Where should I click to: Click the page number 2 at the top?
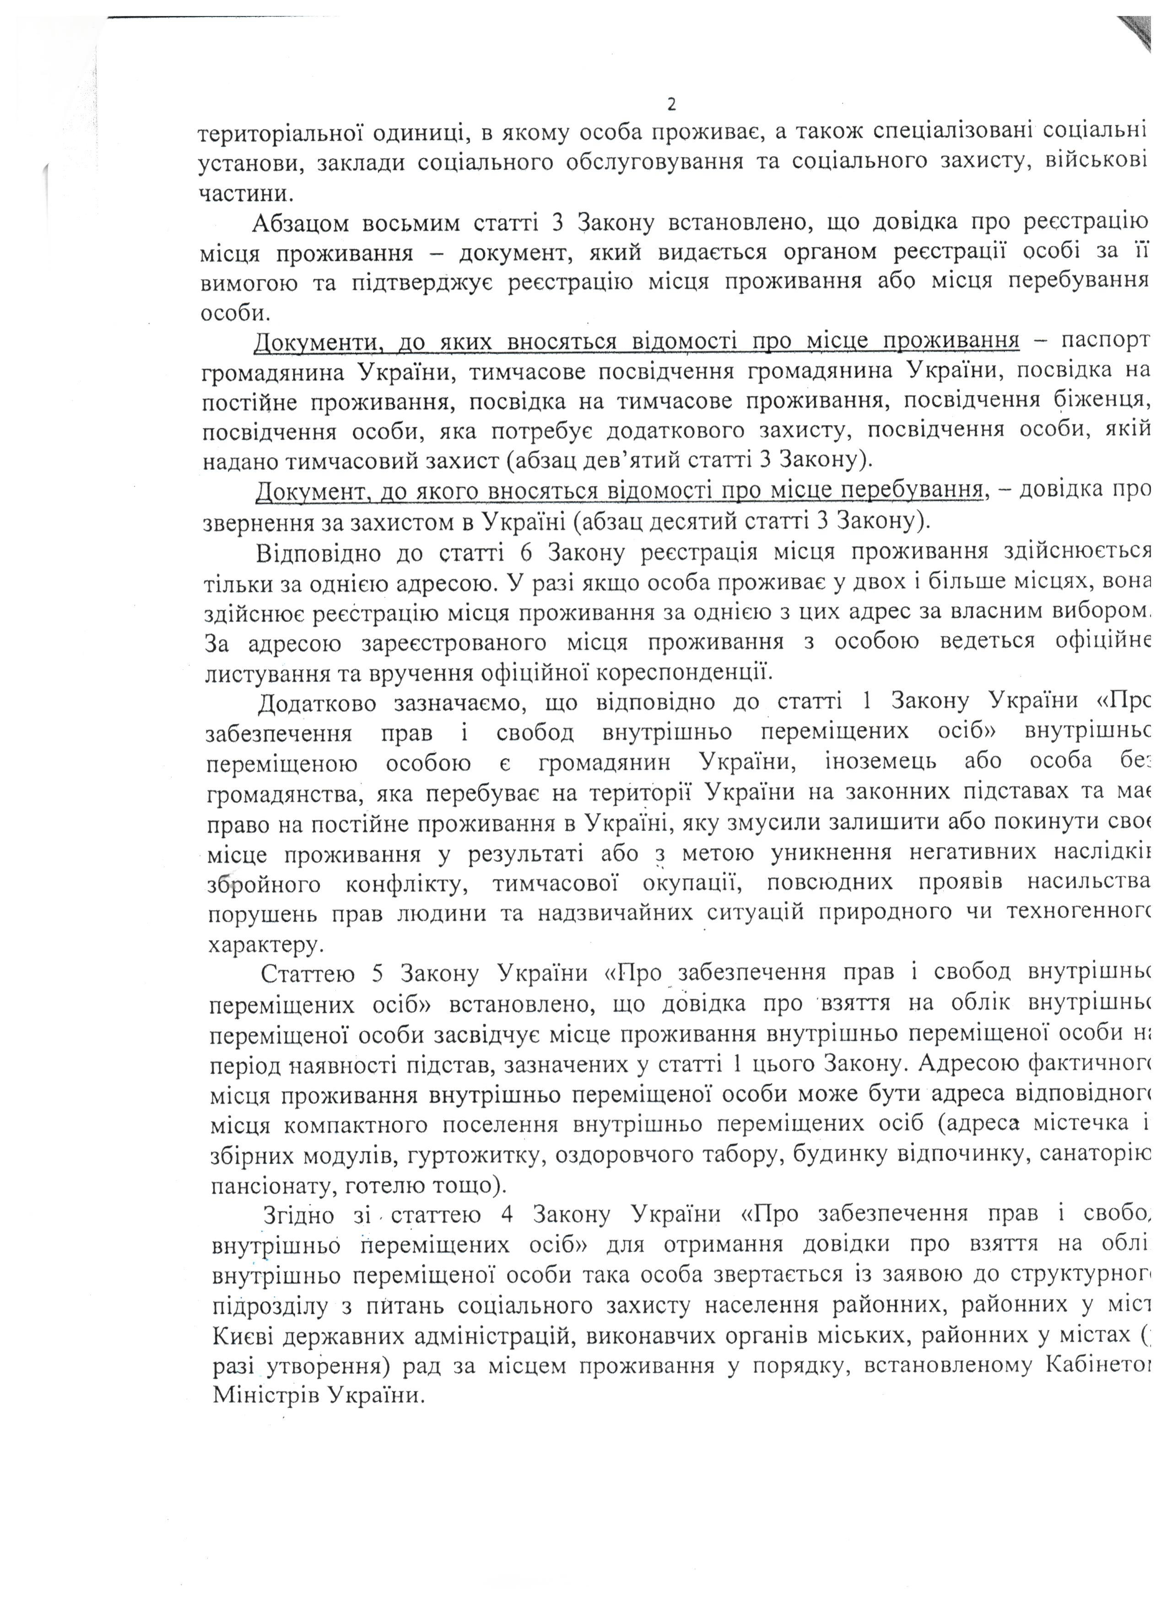click(x=671, y=105)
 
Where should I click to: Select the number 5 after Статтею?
click(x=377, y=974)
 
